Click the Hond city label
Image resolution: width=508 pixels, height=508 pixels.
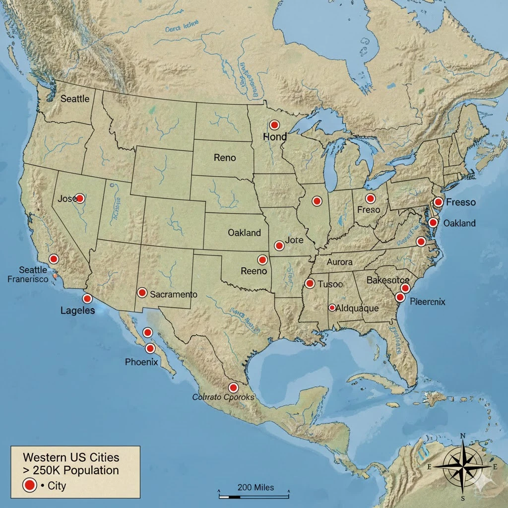[275, 136]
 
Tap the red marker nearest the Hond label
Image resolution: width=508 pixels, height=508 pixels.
[274, 125]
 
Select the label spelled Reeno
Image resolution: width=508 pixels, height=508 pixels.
[254, 271]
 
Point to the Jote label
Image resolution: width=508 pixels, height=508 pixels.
[294, 240]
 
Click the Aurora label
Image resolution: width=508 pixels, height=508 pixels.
[339, 261]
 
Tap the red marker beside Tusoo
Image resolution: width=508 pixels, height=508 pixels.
[310, 283]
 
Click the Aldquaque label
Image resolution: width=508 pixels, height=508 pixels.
[357, 308]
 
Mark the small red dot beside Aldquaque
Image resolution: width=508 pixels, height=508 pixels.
[332, 308]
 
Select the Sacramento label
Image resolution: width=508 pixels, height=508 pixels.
[173, 294]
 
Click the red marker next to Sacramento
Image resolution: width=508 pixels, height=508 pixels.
[142, 293]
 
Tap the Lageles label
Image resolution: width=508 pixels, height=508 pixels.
[77, 311]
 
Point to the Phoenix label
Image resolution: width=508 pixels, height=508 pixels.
[141, 362]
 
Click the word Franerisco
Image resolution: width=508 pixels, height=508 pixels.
[28, 279]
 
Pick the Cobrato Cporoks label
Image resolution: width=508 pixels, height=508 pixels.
[223, 397]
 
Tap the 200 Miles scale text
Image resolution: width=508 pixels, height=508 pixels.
[255, 487]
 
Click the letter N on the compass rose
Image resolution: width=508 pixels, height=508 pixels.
[463, 436]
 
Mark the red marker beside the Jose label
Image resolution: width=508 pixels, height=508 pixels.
[79, 198]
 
